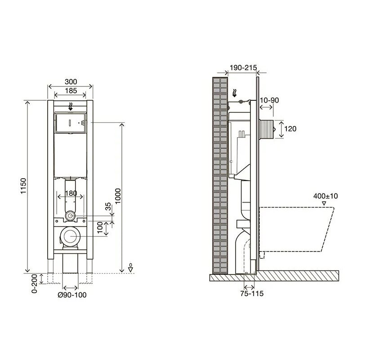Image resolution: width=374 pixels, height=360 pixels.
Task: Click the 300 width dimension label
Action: [x=71, y=81]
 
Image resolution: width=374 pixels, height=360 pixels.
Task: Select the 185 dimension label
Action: [x=71, y=91]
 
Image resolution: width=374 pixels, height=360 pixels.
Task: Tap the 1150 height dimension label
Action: [x=23, y=186]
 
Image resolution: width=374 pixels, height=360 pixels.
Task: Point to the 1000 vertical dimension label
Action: [x=118, y=196]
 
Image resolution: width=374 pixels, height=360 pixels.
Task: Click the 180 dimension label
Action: [x=71, y=193]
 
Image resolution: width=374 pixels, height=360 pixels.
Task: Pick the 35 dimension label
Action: [x=108, y=206]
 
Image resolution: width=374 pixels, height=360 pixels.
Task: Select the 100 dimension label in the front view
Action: [x=100, y=228]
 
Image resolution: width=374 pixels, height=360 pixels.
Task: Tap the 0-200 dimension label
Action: [x=35, y=283]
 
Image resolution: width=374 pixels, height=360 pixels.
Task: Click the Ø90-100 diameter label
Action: [x=72, y=295]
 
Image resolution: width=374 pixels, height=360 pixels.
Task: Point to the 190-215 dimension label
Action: [x=243, y=68]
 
